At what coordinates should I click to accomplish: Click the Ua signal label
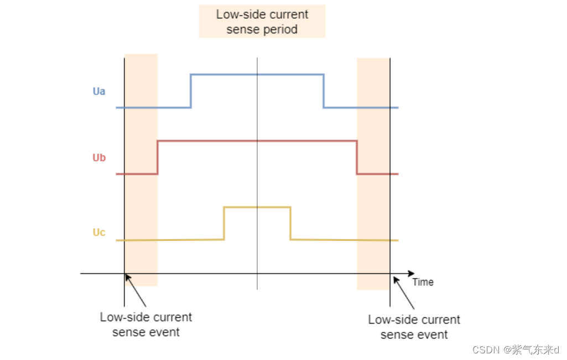coord(99,91)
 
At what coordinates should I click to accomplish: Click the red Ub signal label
coord(99,158)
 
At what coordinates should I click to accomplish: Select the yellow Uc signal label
coord(99,232)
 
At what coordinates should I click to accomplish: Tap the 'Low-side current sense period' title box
coord(262,22)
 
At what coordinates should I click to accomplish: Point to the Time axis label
coord(423,282)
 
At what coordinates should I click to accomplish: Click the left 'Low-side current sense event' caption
coord(146,325)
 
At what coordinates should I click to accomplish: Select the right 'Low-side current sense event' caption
coord(414,327)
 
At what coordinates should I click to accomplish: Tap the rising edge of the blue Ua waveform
coord(191,91)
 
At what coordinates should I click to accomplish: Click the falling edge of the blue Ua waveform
coord(324,91)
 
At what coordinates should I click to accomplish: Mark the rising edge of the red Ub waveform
coord(158,158)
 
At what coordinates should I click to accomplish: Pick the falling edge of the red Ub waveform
coord(357,158)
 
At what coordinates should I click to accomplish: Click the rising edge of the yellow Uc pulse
coord(224,223)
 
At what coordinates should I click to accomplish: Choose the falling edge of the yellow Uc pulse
coord(290,223)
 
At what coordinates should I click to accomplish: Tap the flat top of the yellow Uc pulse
coord(257,207)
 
